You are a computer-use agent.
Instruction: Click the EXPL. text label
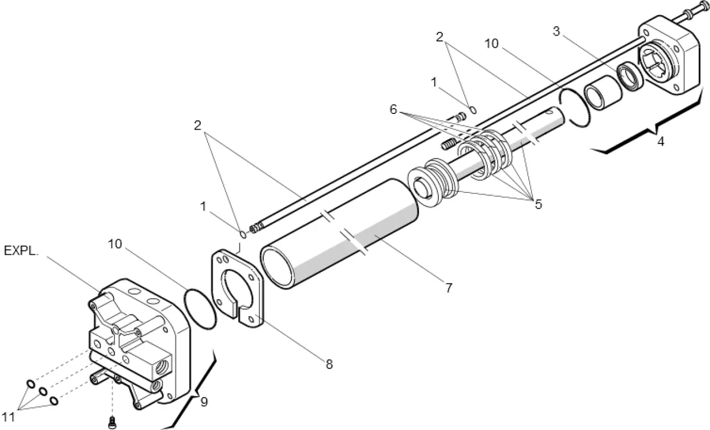pyautogui.click(x=22, y=250)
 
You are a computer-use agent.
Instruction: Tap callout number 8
pyautogui.click(x=329, y=364)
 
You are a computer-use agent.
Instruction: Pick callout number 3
pyautogui.click(x=557, y=31)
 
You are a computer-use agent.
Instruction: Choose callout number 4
pyautogui.click(x=661, y=142)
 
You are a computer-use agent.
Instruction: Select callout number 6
pyautogui.click(x=394, y=109)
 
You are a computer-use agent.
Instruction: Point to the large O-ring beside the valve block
pyautogui.click(x=201, y=309)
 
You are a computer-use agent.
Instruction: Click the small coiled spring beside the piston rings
pyautogui.click(x=449, y=144)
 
